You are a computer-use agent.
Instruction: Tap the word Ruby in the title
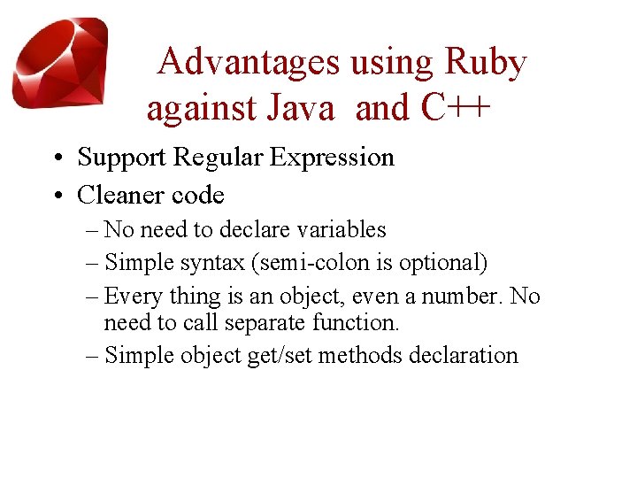pos(486,62)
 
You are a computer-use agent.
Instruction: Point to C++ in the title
pos(453,108)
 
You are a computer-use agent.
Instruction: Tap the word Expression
pos(332,158)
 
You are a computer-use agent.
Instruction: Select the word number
pos(463,297)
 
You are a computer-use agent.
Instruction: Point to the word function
pos(361,324)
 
